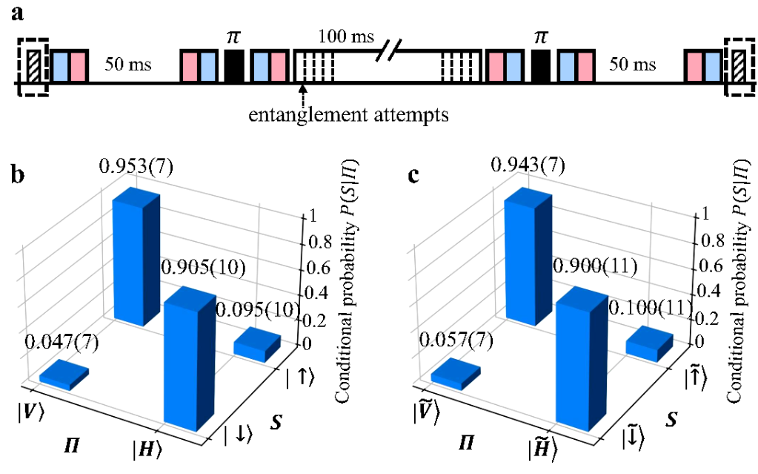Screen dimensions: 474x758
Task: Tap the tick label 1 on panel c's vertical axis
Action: click(699, 214)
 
